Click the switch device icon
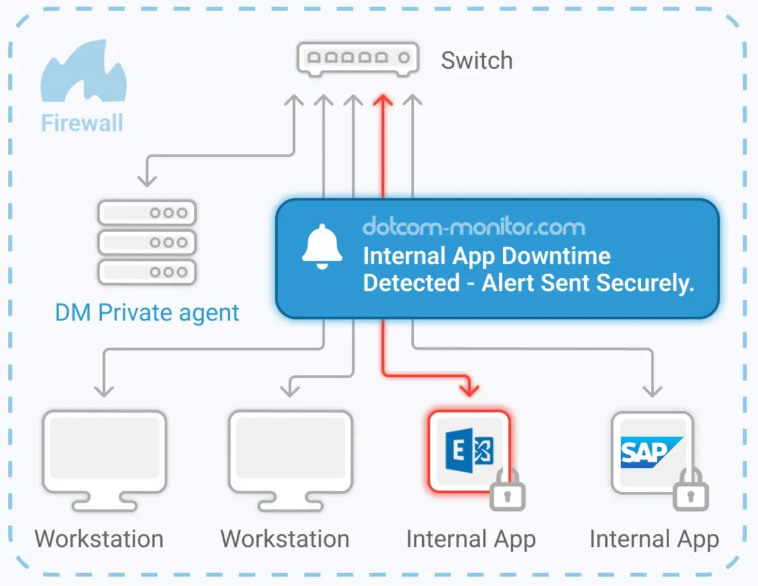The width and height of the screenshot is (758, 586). click(358, 59)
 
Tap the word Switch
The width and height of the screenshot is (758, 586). click(477, 60)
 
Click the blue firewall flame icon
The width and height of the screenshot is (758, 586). click(83, 72)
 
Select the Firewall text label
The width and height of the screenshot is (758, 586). click(82, 123)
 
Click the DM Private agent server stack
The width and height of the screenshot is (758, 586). click(147, 242)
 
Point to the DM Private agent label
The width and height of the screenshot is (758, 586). click(147, 312)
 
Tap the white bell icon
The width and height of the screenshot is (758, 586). click(322, 246)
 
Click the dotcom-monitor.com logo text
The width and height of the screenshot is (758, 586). click(473, 227)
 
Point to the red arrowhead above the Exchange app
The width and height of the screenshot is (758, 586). click(470, 389)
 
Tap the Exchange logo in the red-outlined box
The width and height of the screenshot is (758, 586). click(469, 451)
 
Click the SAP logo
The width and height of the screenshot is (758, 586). click(650, 452)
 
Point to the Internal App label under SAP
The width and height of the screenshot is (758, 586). click(654, 539)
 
